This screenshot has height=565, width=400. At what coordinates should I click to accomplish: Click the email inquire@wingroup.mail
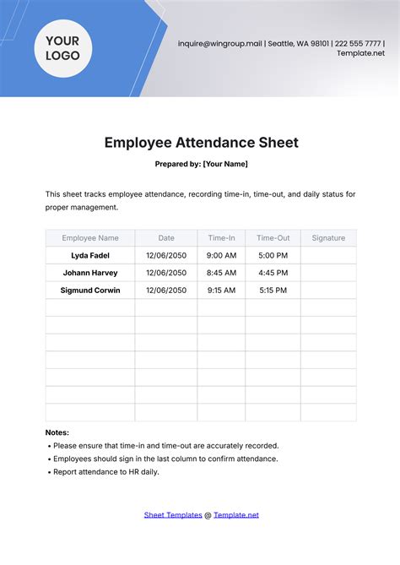click(220, 43)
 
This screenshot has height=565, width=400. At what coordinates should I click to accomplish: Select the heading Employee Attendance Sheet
click(201, 143)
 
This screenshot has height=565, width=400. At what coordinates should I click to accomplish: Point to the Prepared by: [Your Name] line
click(201, 164)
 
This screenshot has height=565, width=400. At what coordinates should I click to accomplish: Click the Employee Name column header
click(90, 238)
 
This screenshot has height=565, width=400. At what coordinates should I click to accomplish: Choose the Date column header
click(166, 238)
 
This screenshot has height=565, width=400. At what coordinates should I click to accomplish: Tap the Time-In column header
click(221, 238)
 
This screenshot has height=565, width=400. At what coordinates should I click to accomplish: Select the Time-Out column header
click(273, 238)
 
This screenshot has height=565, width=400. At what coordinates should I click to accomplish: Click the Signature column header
click(328, 238)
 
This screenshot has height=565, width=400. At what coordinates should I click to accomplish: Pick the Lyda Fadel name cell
click(90, 255)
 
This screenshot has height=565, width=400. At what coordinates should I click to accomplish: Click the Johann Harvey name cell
click(90, 273)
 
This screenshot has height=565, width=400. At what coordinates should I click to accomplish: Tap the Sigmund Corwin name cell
click(90, 291)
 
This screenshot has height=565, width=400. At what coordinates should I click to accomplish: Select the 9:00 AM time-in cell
click(221, 255)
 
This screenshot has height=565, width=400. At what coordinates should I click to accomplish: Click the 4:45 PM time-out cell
click(273, 273)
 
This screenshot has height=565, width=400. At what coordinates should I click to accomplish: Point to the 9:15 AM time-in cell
click(221, 291)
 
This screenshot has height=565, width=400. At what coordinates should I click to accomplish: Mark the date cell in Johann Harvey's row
click(166, 273)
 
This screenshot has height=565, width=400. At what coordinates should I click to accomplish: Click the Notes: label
click(57, 432)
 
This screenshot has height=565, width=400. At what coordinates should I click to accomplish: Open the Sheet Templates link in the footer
click(173, 514)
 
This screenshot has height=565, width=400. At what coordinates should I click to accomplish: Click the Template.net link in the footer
click(236, 514)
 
